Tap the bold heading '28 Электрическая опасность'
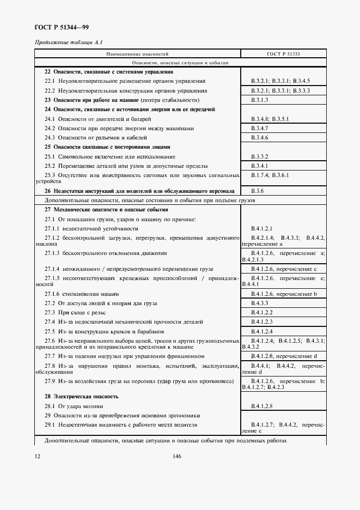81,397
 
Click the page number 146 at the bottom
176,457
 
